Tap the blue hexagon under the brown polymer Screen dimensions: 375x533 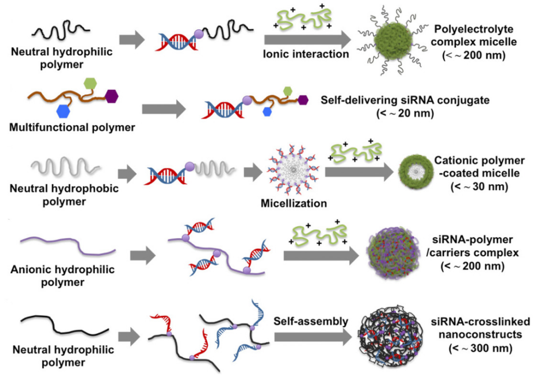click(64, 111)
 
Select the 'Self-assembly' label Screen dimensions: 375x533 click(311, 321)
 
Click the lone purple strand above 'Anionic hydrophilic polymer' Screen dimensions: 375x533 click(67, 244)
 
